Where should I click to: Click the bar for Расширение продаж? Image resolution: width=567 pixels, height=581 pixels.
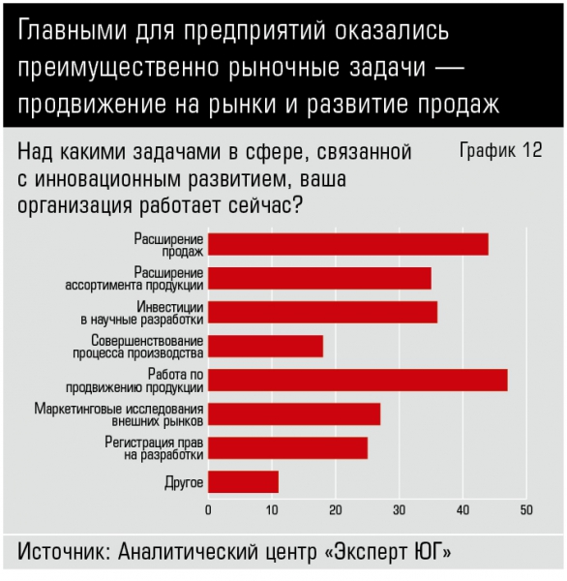348,245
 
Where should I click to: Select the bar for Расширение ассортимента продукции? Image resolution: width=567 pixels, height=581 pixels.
319,278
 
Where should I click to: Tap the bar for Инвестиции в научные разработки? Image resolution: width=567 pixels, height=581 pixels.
322,313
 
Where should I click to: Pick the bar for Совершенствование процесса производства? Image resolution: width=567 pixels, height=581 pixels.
265,346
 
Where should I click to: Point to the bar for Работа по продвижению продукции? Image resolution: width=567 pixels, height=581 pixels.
358,381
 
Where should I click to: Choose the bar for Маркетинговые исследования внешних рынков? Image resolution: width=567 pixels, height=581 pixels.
294,414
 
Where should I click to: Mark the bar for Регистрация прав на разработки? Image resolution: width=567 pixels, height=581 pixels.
287,448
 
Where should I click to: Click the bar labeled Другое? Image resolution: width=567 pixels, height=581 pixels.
243,481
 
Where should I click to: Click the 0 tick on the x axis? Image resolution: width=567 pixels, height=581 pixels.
208,510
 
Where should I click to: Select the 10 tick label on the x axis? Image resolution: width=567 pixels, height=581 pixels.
272,510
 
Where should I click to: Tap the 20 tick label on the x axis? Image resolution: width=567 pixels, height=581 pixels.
336,510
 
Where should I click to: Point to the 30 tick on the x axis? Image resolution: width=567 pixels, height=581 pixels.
400,510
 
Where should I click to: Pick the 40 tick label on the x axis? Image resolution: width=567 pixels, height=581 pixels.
463,510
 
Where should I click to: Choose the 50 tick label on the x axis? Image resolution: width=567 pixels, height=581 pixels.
526,510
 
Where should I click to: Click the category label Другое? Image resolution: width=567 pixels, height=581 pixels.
184,482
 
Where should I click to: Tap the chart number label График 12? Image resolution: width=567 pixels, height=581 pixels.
500,150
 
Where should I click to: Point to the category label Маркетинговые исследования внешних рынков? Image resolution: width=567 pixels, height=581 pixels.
119,415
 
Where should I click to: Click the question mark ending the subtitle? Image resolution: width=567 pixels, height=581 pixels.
297,205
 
